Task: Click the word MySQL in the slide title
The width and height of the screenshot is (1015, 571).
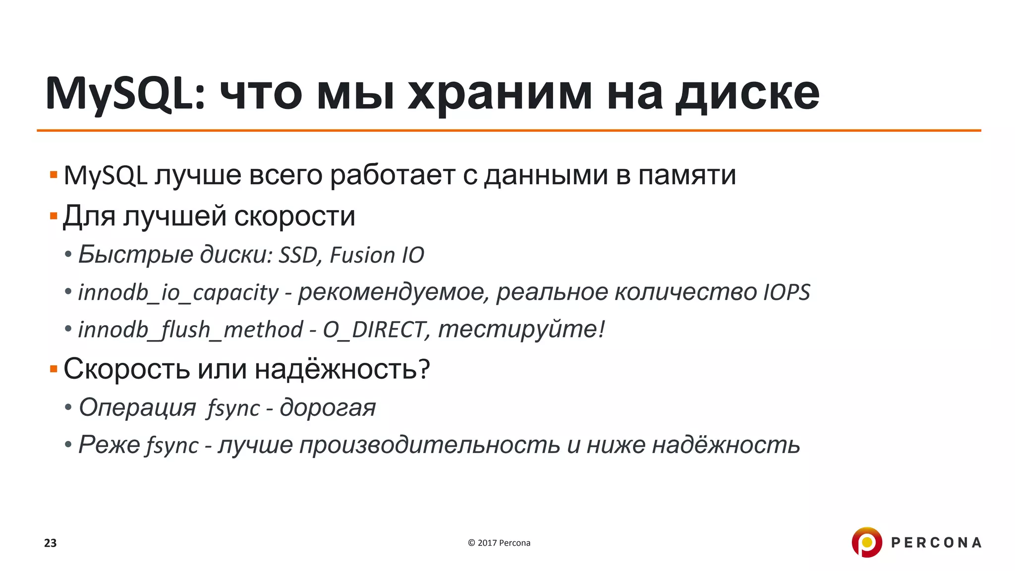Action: (x=124, y=94)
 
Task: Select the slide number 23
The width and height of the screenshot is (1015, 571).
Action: (x=51, y=543)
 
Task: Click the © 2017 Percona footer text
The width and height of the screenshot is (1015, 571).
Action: (x=499, y=543)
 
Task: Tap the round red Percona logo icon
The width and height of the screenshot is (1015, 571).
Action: (x=866, y=542)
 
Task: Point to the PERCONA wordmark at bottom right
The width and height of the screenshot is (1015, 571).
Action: (x=936, y=543)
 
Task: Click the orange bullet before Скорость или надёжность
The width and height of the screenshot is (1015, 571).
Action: (x=54, y=369)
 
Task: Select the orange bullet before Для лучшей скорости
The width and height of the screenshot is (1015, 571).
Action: (x=54, y=216)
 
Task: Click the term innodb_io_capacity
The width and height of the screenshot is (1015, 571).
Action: (x=178, y=292)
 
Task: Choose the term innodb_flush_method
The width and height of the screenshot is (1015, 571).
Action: (x=191, y=330)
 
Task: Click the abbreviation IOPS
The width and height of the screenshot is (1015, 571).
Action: (x=787, y=292)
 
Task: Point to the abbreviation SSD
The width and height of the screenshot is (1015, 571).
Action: (x=298, y=255)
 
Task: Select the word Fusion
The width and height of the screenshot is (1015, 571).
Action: (x=362, y=255)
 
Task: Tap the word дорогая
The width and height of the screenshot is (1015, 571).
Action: (x=328, y=408)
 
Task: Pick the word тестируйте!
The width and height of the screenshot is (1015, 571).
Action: (x=522, y=330)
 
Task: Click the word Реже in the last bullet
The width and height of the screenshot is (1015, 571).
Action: (x=110, y=445)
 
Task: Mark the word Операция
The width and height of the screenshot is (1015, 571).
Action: (x=138, y=408)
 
